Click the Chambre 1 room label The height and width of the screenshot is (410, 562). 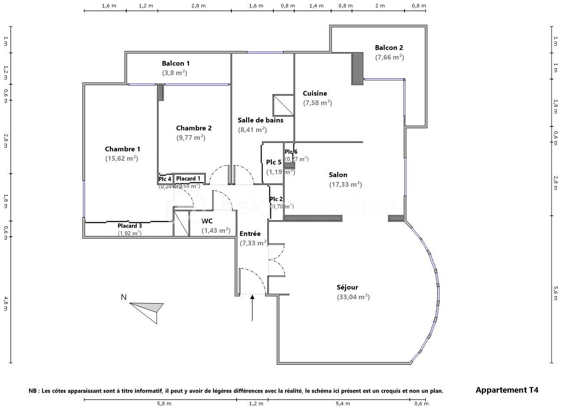click(122, 149)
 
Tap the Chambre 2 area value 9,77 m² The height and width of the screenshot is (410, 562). click(191, 138)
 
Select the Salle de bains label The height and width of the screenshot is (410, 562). click(260, 120)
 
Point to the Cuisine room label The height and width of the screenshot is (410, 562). click(315, 93)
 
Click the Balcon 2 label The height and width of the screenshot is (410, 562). click(389, 48)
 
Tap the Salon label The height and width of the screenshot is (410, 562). click(338, 175)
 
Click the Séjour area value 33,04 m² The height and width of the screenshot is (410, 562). click(353, 297)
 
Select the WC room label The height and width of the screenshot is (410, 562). click(207, 221)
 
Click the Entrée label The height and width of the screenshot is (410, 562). click(250, 234)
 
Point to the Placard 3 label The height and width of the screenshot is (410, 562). click(130, 226)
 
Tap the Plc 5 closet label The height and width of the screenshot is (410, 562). click(274, 162)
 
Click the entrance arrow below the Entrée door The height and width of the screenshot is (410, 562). click(252, 307)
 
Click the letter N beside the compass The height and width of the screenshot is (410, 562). click(124, 298)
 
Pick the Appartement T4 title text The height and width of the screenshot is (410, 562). click(507, 390)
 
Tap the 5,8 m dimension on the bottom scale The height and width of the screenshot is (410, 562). click(164, 403)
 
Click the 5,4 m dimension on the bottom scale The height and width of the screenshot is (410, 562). click(342, 403)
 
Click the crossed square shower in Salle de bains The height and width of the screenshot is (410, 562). click(283, 106)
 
